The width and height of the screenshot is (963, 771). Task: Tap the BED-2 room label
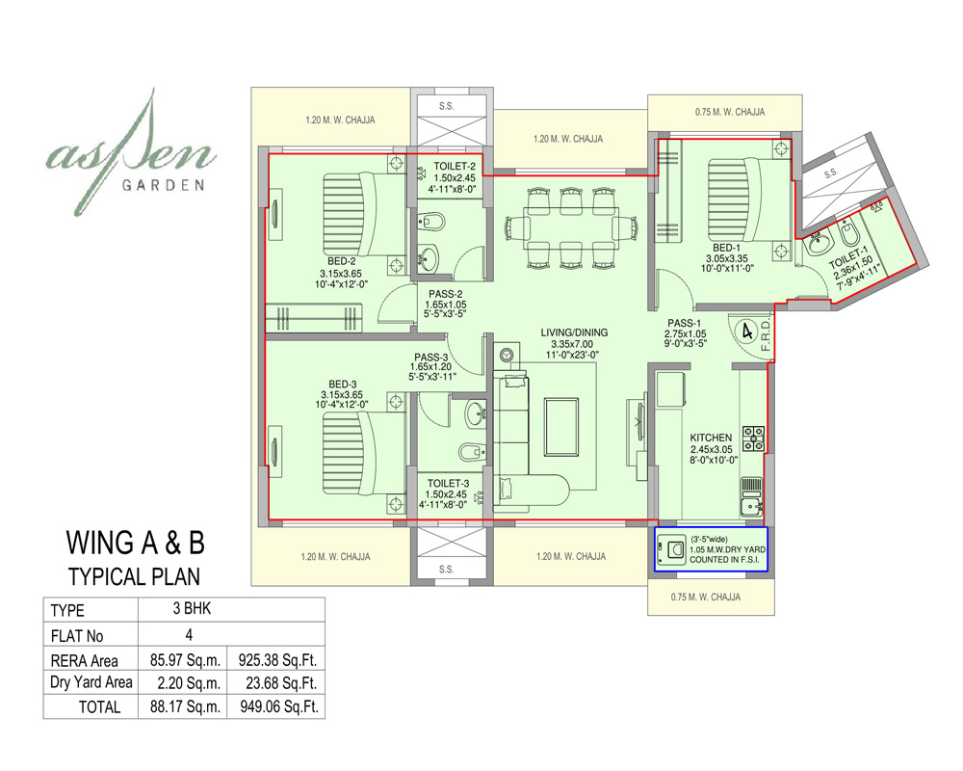[341, 261]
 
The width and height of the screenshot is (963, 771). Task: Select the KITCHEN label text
[711, 438]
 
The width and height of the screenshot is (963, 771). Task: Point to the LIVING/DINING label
[573, 332]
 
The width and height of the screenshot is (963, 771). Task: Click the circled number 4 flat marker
[745, 331]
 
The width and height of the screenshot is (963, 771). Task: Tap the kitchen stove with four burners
[753, 439]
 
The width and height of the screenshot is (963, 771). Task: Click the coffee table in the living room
[561, 425]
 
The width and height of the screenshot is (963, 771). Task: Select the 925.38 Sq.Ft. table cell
[276, 661]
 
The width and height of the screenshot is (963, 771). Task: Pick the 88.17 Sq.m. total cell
[183, 706]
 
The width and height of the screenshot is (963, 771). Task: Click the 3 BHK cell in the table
[188, 609]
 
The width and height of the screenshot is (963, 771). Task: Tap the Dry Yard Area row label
[91, 683]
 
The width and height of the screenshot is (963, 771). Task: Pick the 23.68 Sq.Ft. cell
[276, 683]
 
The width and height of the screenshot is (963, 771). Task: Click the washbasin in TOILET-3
[475, 415]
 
